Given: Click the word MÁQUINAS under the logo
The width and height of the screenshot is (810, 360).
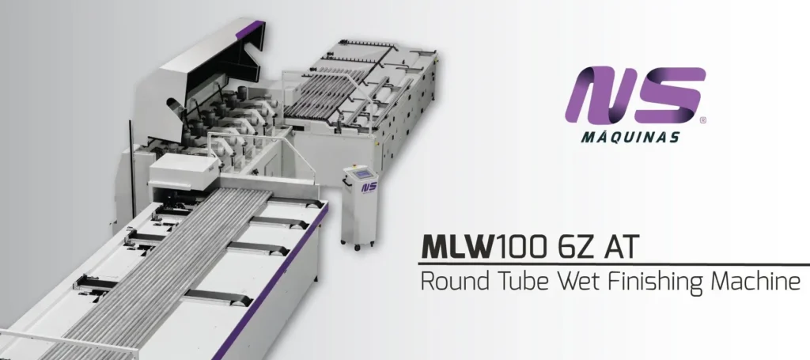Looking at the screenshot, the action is (630, 136).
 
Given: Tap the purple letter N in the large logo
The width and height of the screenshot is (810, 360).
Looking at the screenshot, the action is (600, 95).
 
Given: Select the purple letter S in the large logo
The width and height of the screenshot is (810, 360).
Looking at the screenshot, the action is (669, 95).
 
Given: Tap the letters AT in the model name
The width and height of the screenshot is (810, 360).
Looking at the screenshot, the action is (622, 247).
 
